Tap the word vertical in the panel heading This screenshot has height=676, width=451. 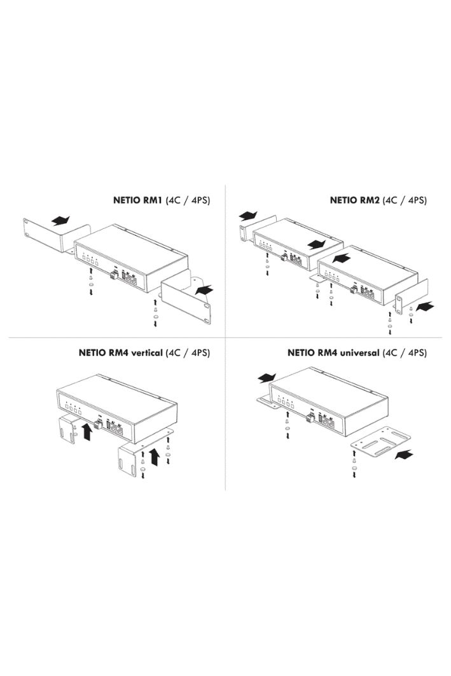click(146, 353)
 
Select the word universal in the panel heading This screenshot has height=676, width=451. click(359, 353)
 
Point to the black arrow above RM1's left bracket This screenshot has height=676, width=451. click(61, 221)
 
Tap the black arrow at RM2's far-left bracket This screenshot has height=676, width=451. click(249, 214)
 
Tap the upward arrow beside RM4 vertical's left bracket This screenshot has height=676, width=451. click(87, 432)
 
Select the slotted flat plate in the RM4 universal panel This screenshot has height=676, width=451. click(381, 443)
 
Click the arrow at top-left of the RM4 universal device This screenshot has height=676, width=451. click(267, 377)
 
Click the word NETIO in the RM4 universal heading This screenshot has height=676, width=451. click(301, 353)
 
